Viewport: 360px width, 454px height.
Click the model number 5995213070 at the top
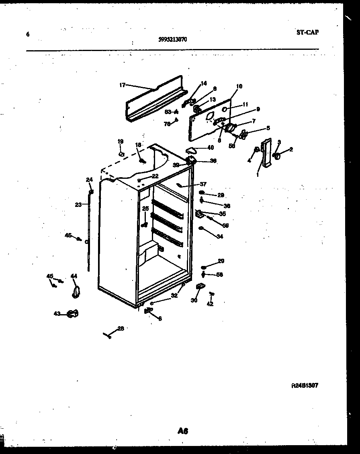click(172, 39)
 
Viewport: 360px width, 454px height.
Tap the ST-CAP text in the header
click(307, 33)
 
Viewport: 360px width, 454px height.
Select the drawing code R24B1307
click(305, 385)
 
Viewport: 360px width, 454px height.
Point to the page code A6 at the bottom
click(182, 431)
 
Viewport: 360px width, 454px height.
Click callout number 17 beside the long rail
click(122, 85)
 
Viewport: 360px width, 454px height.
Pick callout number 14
click(203, 83)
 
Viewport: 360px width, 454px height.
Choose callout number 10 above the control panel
click(239, 86)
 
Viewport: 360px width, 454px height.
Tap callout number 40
click(210, 147)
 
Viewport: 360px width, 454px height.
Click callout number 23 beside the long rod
click(78, 205)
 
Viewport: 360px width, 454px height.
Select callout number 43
click(57, 313)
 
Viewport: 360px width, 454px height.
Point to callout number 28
click(121, 328)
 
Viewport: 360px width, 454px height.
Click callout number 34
click(219, 237)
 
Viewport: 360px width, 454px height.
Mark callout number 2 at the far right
click(291, 149)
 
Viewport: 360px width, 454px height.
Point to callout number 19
click(121, 141)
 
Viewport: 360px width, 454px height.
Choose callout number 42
click(210, 304)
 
